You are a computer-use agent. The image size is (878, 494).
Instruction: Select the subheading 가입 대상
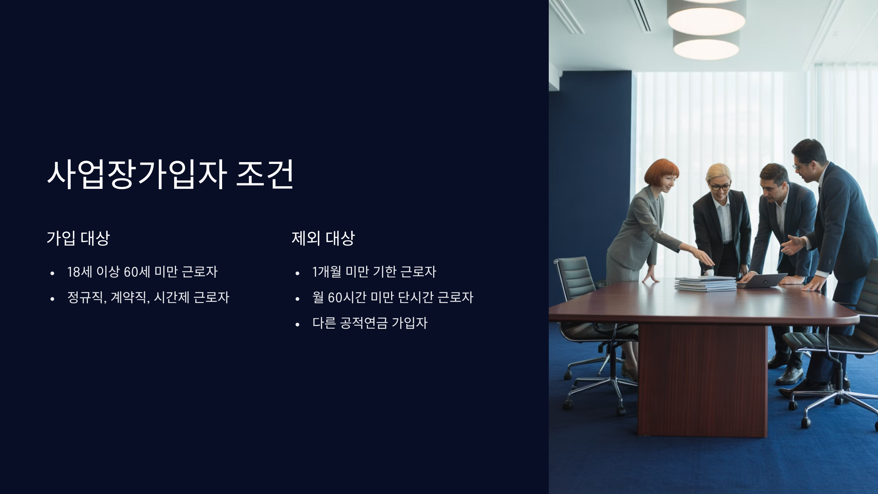[x=78, y=238]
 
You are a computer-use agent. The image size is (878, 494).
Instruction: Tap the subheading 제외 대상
[x=323, y=238]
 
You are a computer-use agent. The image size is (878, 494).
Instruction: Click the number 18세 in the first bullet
[x=79, y=272]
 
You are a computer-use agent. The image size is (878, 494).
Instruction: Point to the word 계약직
[x=128, y=297]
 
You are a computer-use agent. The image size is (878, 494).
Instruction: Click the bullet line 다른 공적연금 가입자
[x=369, y=323]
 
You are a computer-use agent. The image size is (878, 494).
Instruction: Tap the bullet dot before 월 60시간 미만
[x=297, y=299]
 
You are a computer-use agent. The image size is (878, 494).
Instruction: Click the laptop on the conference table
[x=763, y=280]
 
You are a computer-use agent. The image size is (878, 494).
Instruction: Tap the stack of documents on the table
[x=705, y=284]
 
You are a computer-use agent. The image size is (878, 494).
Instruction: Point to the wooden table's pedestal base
[x=702, y=381]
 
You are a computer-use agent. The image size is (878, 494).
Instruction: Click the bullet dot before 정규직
[x=52, y=299]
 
